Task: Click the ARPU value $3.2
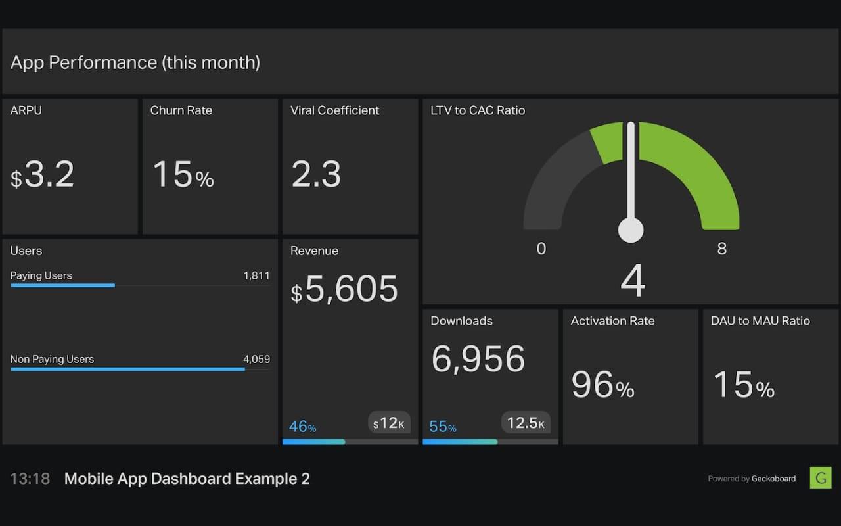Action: [x=43, y=176]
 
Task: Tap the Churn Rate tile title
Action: [x=181, y=110]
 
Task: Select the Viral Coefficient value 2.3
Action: [x=316, y=175]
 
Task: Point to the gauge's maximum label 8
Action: [x=722, y=249]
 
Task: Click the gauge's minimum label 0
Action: [x=541, y=249]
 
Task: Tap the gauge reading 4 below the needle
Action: [x=632, y=281]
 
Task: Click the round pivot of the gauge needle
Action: [x=631, y=230]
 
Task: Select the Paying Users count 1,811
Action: [x=256, y=275]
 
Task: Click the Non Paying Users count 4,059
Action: [x=256, y=359]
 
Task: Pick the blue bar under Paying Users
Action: [x=63, y=285]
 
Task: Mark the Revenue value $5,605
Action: [x=345, y=290]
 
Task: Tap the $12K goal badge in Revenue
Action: [x=388, y=423]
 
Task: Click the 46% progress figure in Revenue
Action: [x=303, y=427]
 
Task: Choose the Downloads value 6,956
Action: [x=478, y=359]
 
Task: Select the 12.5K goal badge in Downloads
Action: [x=526, y=423]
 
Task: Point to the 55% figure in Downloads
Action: [x=443, y=427]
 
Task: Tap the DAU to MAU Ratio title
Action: [x=760, y=321]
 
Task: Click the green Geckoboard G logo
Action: [x=820, y=477]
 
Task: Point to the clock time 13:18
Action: [x=30, y=479]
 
